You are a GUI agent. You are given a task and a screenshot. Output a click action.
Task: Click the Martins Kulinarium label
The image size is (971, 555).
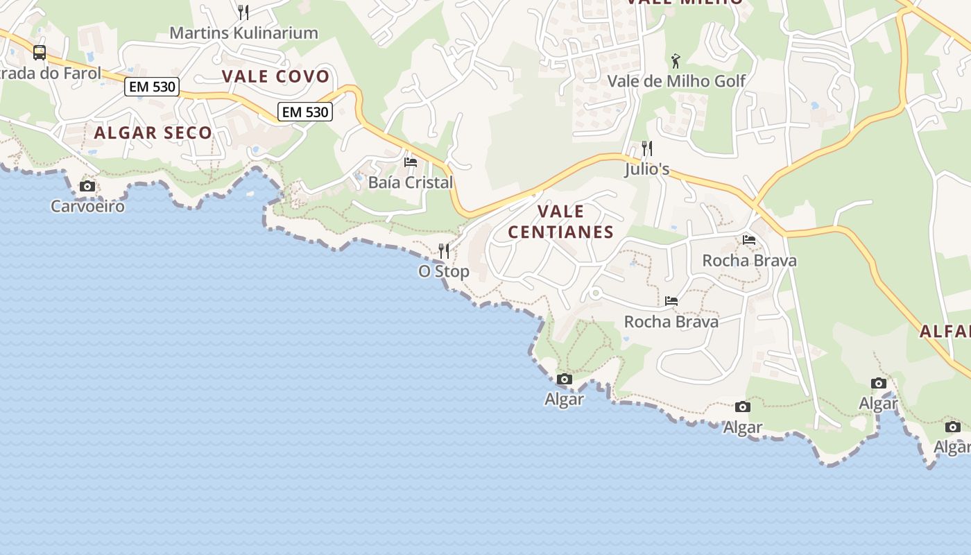(243, 33)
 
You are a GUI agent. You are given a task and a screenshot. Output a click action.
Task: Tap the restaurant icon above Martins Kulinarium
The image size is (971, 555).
(243, 12)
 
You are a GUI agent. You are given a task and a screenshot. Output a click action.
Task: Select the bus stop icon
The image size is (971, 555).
(40, 53)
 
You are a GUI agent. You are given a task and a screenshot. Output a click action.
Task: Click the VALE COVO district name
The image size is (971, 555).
(275, 76)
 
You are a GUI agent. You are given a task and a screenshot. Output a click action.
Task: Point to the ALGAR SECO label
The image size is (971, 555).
(153, 133)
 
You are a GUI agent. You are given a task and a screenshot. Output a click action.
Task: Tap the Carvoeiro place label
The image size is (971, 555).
(87, 206)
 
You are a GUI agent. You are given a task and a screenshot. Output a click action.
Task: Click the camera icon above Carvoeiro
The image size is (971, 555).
(87, 186)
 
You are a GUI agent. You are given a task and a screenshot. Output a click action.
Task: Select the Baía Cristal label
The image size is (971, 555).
(411, 182)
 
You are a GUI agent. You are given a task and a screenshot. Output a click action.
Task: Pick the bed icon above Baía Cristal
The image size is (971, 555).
(411, 162)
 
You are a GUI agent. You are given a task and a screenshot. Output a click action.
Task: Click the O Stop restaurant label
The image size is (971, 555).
(444, 271)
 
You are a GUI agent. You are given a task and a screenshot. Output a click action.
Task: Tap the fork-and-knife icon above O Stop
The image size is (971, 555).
(444, 250)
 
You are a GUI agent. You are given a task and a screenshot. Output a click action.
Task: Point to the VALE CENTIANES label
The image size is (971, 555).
(561, 221)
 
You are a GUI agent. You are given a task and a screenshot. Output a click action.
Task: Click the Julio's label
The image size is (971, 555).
(647, 169)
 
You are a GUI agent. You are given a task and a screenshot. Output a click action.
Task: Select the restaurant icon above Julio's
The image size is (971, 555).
(647, 148)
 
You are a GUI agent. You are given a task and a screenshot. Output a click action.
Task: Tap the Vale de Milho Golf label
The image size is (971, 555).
(676, 81)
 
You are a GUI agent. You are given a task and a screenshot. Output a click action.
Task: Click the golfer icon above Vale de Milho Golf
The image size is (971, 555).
(676, 61)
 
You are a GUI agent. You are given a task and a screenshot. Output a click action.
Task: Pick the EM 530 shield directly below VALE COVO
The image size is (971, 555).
(305, 112)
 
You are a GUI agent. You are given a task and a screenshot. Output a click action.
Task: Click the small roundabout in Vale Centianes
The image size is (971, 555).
(595, 293)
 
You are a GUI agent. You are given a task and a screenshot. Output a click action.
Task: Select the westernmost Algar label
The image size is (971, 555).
(565, 399)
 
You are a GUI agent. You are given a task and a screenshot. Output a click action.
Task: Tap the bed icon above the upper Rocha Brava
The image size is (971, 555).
(749, 240)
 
